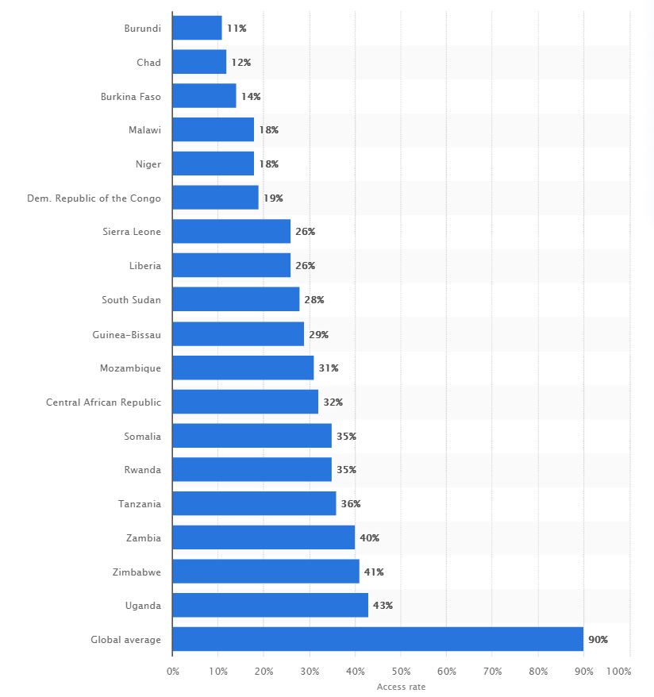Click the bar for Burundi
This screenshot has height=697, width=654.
coord(197,28)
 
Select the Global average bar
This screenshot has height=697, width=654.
coord(378,639)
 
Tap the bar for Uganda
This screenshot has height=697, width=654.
coord(270,605)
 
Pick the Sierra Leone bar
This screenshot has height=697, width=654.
coord(231,232)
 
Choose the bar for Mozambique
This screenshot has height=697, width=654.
coord(243,368)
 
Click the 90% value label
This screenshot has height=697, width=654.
coord(598,639)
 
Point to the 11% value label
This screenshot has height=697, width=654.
coord(237,29)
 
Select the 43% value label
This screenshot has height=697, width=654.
coord(383,605)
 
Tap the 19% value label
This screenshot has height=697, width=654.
coord(273,198)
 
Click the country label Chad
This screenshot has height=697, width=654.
coord(148,62)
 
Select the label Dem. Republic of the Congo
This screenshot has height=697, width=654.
coord(94,198)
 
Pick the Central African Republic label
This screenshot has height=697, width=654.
coord(103,402)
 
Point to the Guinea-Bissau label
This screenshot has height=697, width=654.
coord(126,334)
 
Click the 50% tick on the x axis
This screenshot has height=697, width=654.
coord(401,672)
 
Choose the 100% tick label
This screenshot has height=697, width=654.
coord(618,672)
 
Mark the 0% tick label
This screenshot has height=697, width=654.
coord(173,672)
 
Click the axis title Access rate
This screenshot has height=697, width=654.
coord(401,687)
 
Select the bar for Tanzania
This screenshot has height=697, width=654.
coord(254,503)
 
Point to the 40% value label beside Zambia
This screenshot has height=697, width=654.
coord(369,537)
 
